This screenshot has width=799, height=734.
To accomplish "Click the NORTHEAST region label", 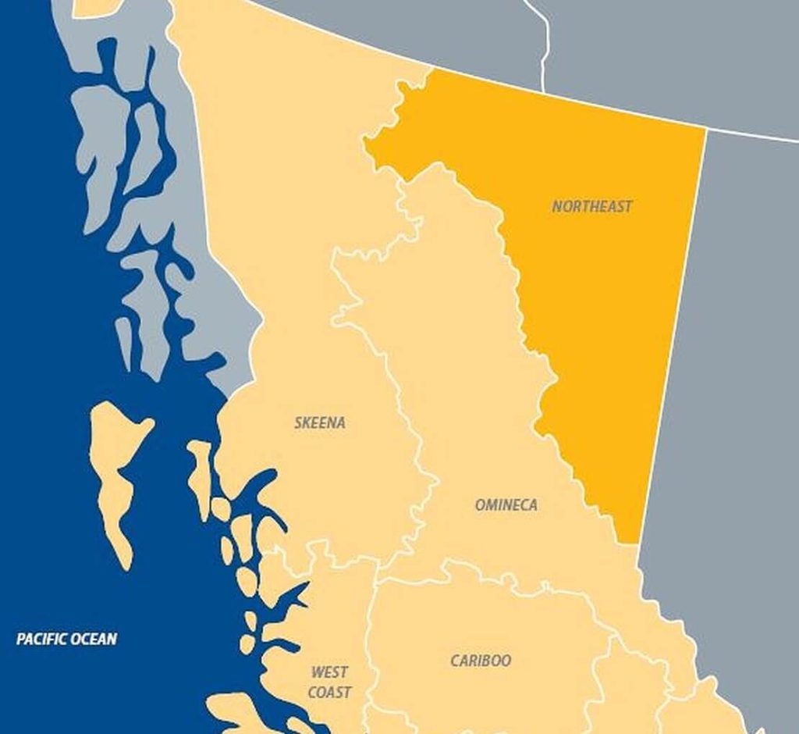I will tap(592, 206).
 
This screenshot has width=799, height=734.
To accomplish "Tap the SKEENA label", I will tap(320, 423).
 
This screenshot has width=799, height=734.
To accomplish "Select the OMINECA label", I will tap(506, 505).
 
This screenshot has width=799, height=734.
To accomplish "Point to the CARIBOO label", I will tap(481, 661).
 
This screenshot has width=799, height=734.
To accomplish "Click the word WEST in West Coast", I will tap(330, 672).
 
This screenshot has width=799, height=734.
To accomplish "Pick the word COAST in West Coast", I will tap(329, 693).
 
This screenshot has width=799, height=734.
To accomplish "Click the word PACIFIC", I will tap(43, 640).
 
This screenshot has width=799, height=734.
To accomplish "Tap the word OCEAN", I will tap(94, 640).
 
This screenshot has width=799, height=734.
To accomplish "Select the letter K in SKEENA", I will tap(307, 423).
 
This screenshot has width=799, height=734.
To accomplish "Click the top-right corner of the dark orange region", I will tap(705, 130).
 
